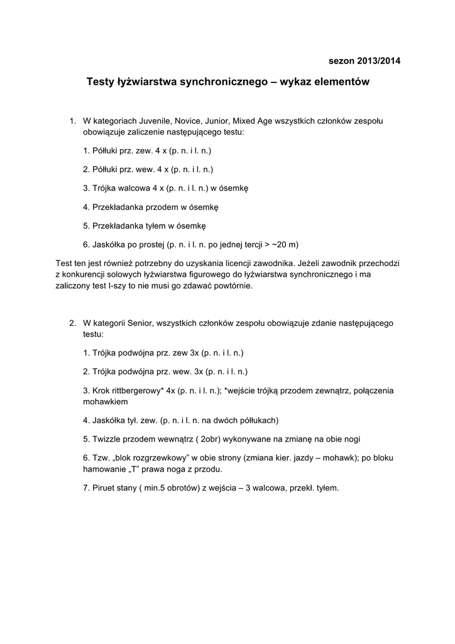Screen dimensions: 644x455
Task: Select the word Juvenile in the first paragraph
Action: (x=165, y=120)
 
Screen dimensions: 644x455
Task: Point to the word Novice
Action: (x=201, y=120)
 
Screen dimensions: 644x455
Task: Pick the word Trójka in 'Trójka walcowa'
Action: (x=104, y=187)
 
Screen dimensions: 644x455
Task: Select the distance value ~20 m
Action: (x=287, y=244)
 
